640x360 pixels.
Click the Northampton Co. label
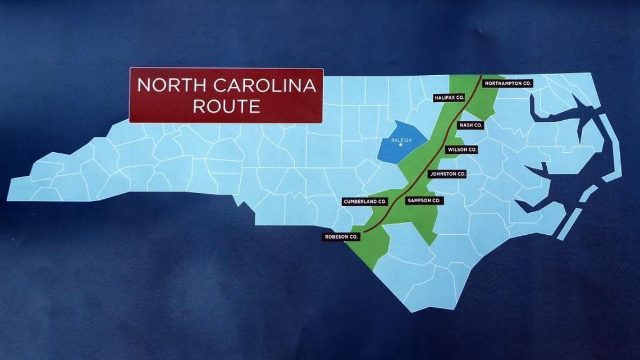coord(508,83)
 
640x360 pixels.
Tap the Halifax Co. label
coord(449,98)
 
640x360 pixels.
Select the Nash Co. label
coord(470,125)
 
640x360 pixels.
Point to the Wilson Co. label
coord(461,150)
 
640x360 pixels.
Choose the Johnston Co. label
coord(447,174)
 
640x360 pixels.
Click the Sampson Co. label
coord(424,200)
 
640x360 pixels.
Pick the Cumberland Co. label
coord(365,201)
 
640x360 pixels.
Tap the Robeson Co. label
coord(341,237)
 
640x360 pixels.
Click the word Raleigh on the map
coord(401,140)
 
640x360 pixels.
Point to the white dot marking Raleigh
coord(401,145)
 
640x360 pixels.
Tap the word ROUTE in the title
coord(226,106)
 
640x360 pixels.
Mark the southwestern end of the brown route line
coord(363,231)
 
